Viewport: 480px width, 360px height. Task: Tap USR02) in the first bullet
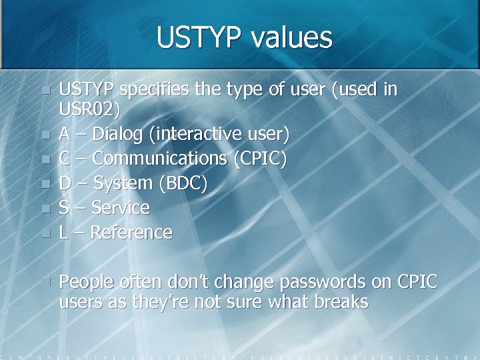(90, 109)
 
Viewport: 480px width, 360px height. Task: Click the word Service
(120, 208)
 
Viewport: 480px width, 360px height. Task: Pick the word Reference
(131, 233)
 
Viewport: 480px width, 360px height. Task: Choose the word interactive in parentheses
(193, 134)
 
